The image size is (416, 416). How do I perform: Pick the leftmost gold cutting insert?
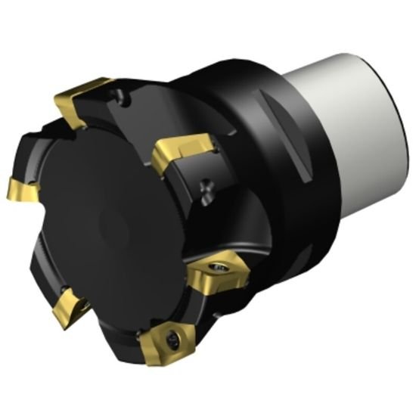[x=21, y=189]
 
